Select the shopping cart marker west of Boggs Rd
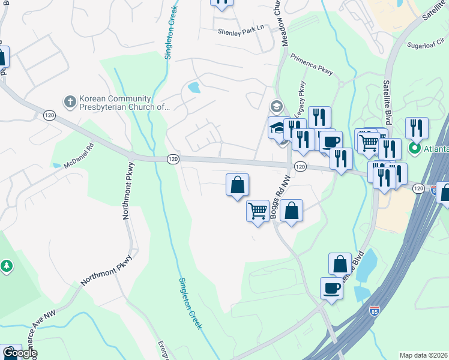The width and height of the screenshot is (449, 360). [258, 211]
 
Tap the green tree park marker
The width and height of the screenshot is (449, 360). [6, 265]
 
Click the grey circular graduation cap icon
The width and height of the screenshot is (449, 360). [276, 107]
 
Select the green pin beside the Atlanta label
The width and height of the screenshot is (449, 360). [414, 148]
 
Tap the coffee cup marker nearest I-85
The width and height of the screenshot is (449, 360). [331, 288]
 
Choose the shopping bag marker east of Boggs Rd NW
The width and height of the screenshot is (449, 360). [291, 211]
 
